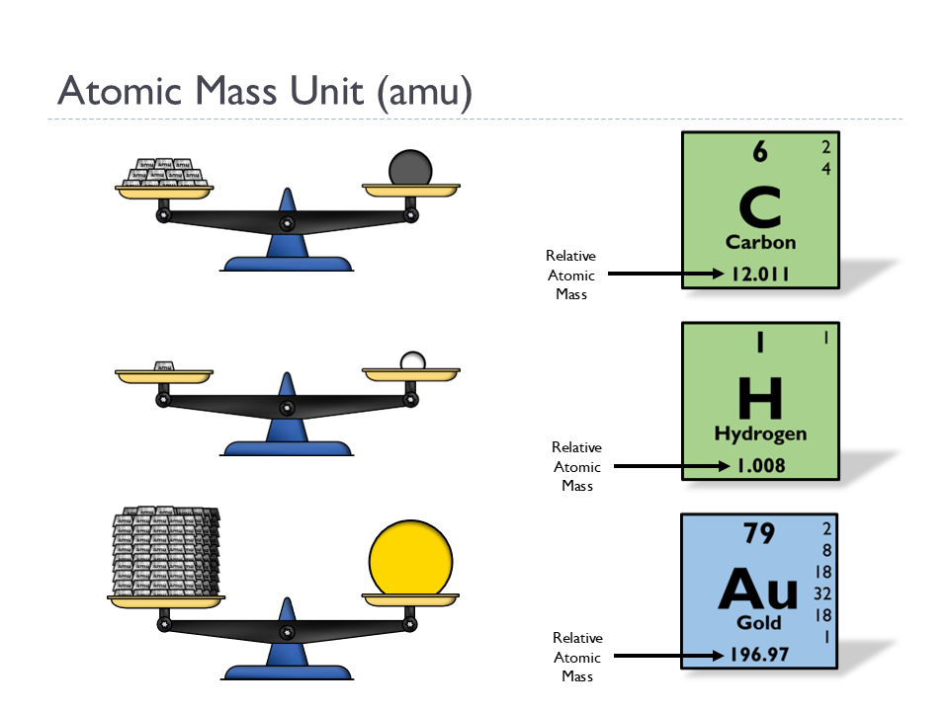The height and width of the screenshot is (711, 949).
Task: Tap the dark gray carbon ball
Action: point(410,167)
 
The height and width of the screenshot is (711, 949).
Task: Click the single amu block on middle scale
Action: point(165,366)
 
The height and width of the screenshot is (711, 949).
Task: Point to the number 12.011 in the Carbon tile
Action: point(760,275)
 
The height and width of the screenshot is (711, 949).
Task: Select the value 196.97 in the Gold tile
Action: point(759,655)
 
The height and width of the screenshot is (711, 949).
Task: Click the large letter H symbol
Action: point(760,398)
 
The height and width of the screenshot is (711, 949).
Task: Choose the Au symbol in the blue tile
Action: point(758,590)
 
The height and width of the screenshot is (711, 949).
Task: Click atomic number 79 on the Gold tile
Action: point(759,534)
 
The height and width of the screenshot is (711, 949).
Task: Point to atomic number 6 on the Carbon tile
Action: point(759,152)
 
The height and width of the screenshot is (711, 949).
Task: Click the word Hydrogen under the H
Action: point(760,434)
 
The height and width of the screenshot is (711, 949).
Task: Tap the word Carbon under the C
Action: point(760,242)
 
